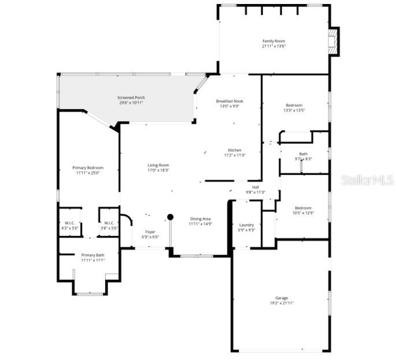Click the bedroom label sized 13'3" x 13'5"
(294, 107)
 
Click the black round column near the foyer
(170, 217)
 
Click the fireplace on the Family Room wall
(333, 42)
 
